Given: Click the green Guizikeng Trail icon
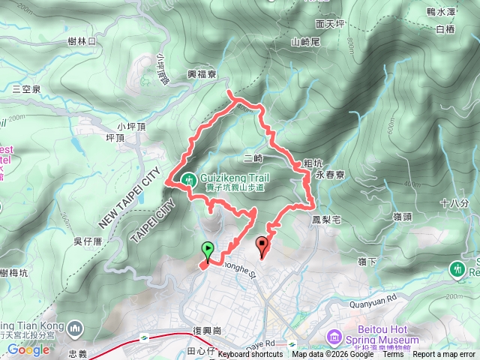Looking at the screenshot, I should pos(187,178).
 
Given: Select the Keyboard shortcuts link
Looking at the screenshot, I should pos(251,355).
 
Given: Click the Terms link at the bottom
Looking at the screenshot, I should pos(392,355).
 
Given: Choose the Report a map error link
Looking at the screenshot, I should pos(444,355).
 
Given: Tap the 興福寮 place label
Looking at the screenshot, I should pos(202,75).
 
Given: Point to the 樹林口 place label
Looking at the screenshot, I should pos(82,43).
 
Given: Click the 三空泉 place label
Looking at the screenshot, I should pos(26,88).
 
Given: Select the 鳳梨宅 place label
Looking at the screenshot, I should pos(326,220).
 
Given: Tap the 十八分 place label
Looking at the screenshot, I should pos(454,203).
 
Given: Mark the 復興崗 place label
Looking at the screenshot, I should pos(208,330).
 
